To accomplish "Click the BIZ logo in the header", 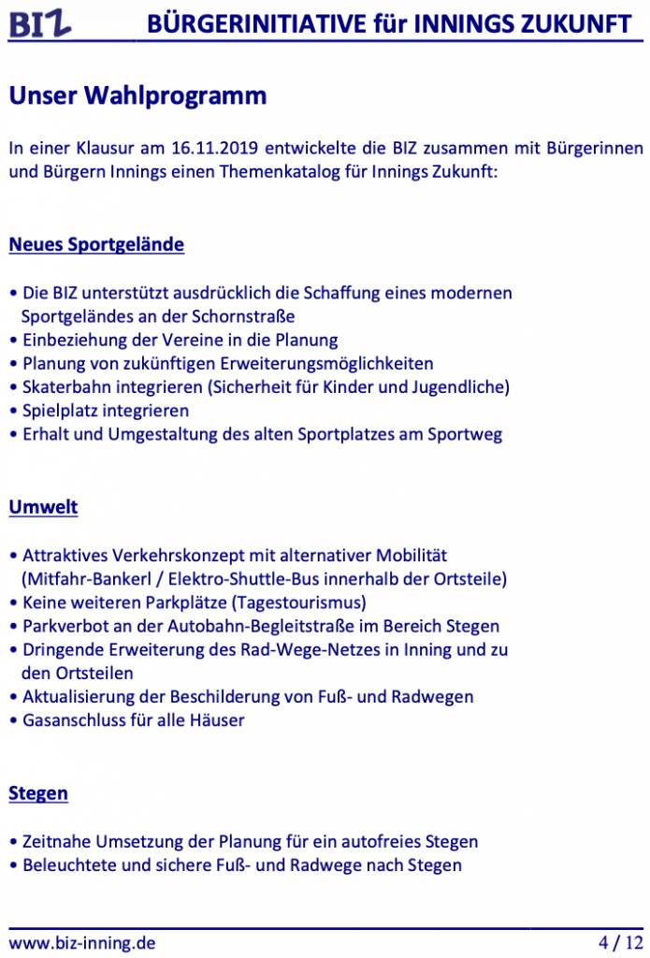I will (x=40, y=23).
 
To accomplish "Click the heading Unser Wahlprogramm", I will (x=137, y=95).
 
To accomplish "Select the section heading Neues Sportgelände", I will (x=96, y=245).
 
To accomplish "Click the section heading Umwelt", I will (x=43, y=507).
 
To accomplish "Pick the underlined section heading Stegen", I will (x=38, y=793).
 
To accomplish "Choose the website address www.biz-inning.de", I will (x=82, y=942).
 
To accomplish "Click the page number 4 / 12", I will (x=619, y=942).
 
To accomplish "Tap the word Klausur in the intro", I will (x=107, y=149).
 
